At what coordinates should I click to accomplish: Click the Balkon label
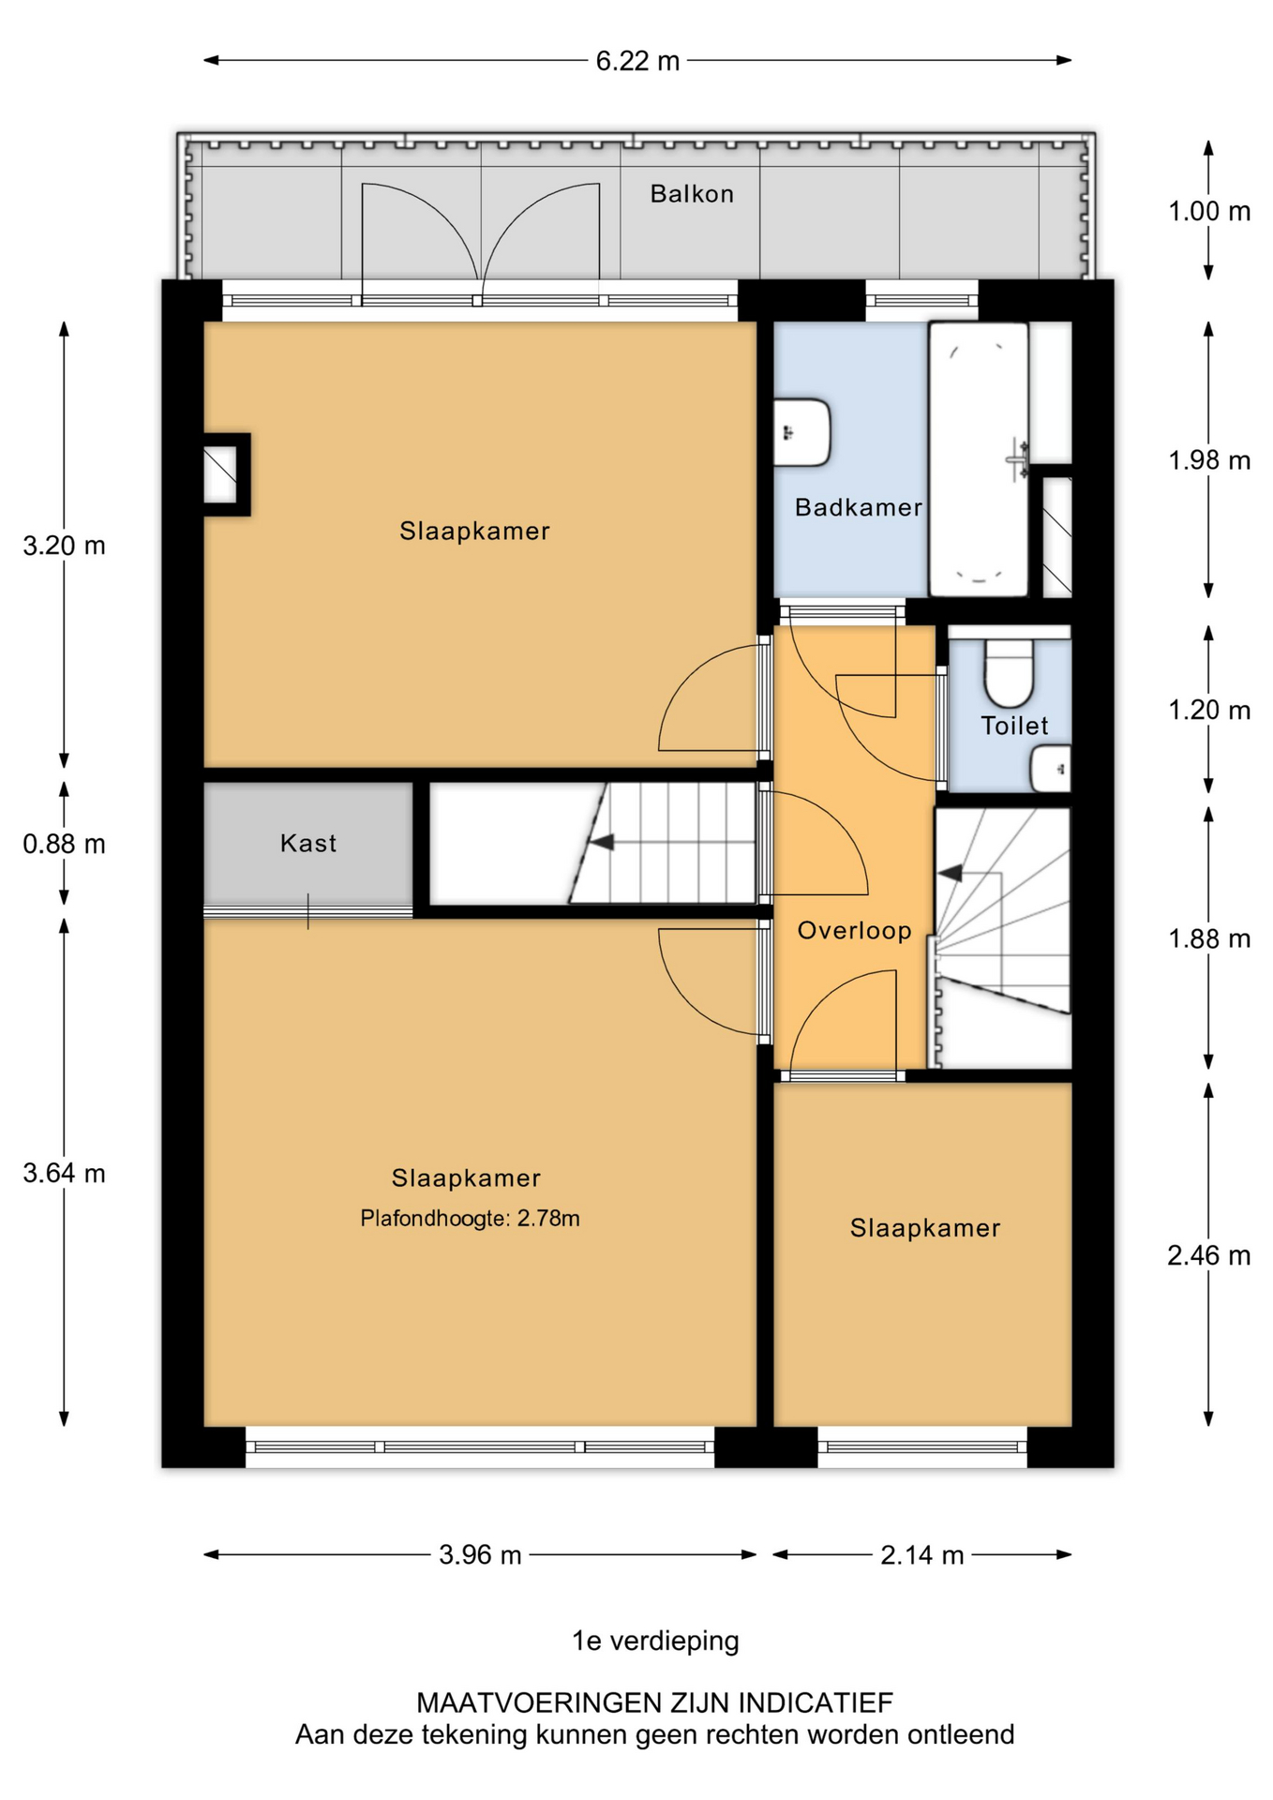[692, 194]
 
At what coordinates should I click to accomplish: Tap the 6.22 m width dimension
[637, 61]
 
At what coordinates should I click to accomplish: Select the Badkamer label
[859, 507]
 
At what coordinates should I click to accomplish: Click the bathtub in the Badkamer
[979, 459]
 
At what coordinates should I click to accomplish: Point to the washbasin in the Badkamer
[802, 433]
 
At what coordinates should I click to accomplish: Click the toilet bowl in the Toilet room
[1009, 672]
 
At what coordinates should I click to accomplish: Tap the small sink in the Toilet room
[1051, 769]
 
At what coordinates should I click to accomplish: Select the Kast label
[308, 843]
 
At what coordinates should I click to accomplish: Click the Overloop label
[854, 931]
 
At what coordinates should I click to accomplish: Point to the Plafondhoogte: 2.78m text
[470, 1219]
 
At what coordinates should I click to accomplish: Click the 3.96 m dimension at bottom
[480, 1555]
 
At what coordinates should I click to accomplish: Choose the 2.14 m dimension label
[922, 1555]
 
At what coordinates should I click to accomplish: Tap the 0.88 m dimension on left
[64, 844]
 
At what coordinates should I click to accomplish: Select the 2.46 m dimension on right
[1209, 1255]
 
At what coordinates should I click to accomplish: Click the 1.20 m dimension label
[1209, 711]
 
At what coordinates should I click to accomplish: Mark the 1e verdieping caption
[655, 1642]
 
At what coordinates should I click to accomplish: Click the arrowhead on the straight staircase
[601, 842]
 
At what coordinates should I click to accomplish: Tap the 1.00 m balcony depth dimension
[1209, 212]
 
